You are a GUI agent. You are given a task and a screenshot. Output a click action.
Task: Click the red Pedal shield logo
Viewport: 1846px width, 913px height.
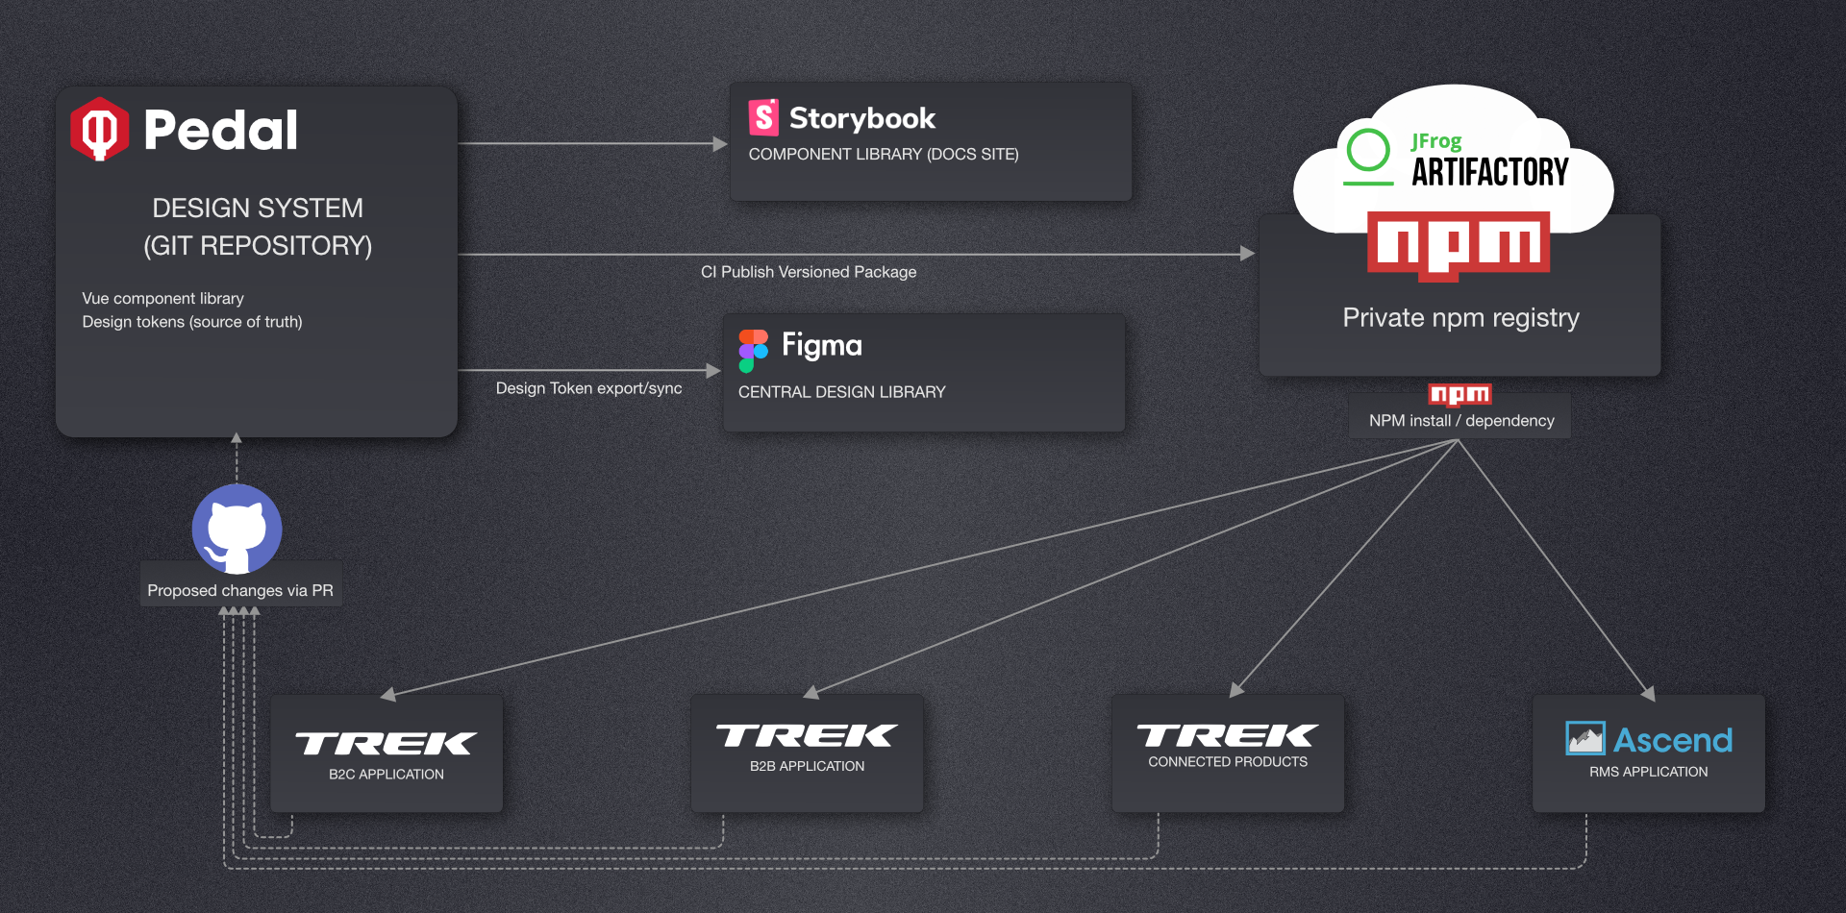[99, 129]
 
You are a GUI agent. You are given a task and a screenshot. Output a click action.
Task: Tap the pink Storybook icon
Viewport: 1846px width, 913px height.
[763, 117]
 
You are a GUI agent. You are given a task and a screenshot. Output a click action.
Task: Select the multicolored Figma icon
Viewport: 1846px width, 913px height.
[753, 351]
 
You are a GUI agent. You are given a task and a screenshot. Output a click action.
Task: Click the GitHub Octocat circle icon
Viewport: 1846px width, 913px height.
[237, 529]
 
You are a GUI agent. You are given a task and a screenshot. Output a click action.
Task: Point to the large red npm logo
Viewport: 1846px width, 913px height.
[1459, 245]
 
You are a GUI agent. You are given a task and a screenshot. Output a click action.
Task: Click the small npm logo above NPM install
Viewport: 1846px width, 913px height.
[1459, 394]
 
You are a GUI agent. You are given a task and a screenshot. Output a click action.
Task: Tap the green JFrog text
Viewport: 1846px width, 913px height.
[1436, 141]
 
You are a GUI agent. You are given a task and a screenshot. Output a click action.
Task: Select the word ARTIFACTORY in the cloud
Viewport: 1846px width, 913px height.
[1489, 172]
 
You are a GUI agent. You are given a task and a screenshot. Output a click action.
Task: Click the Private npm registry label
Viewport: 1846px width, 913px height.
[1460, 318]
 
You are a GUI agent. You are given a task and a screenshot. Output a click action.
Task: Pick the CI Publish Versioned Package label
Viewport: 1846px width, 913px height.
[809, 272]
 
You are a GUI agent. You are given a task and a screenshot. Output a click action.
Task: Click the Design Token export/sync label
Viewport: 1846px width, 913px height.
[588, 388]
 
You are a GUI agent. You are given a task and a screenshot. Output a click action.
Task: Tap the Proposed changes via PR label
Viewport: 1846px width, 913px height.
[240, 590]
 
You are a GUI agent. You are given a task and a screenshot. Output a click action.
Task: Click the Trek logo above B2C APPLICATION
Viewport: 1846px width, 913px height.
[386, 743]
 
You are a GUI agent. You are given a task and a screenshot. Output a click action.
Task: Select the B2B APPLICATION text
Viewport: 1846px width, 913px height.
[807, 766]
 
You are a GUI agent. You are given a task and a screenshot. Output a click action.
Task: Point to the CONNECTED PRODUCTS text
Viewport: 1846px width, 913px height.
[1227, 761]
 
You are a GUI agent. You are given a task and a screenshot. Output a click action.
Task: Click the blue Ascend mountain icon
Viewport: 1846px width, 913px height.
[1584, 738]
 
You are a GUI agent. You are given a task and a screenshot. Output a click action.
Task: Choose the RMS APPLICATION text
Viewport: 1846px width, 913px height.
[1648, 772]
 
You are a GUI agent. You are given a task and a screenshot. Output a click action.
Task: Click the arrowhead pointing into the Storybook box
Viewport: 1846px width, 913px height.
[720, 144]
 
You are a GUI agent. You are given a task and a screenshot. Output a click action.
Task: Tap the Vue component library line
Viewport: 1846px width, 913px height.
[163, 299]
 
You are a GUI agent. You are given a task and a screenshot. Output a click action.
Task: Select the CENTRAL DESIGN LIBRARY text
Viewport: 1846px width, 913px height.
[841, 392]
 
